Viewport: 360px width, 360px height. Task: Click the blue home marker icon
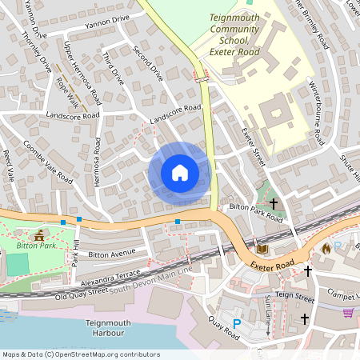click(179, 173)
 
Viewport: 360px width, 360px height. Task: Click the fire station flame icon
click(326, 248)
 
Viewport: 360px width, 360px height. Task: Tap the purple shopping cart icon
click(347, 312)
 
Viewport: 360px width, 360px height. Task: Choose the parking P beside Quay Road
click(236, 323)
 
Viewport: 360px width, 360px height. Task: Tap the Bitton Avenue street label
click(113, 254)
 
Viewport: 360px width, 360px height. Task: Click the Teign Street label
click(297, 295)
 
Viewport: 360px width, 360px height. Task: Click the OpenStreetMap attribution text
click(80, 354)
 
